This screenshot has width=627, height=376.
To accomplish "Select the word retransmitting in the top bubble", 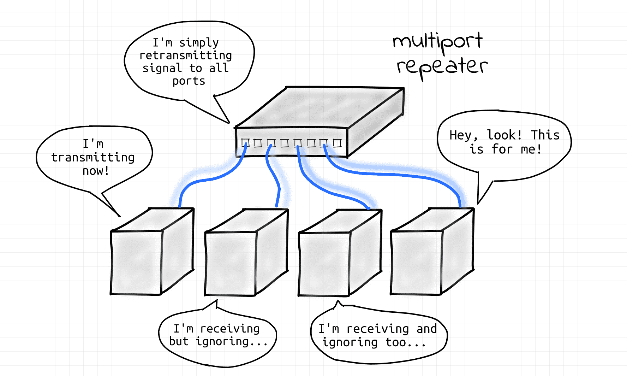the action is click(186, 55).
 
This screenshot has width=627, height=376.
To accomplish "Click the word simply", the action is click(199, 43).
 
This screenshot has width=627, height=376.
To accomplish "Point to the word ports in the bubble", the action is click(189, 81).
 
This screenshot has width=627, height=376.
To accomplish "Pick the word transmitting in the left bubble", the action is click(93, 157).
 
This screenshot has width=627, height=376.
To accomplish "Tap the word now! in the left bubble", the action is click(96, 171).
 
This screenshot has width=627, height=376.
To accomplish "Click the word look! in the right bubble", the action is click(504, 135).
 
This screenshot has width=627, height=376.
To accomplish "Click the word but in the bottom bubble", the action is click(179, 341).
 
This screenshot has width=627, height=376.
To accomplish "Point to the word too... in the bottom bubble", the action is click(406, 342).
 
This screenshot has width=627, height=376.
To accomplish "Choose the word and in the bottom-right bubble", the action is click(427, 329).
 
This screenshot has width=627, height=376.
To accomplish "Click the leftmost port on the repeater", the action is click(245, 143).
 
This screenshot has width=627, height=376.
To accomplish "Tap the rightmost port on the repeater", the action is click(337, 143).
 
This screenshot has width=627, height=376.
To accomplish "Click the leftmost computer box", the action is click(152, 251).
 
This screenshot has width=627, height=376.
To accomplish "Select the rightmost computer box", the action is click(432, 251).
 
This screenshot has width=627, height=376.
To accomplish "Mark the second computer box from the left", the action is click(246, 252).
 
